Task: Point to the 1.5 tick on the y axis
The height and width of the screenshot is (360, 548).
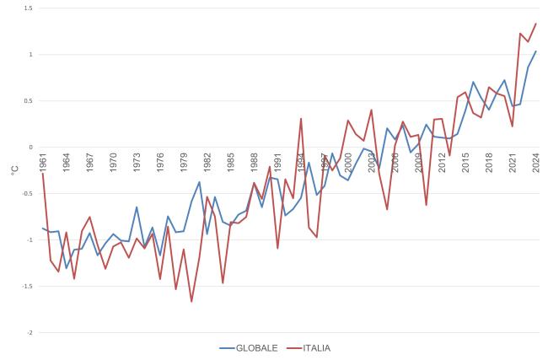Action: (x=29, y=8)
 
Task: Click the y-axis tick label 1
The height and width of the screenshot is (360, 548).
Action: (x=31, y=55)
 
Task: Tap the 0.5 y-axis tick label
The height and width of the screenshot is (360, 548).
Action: (x=29, y=101)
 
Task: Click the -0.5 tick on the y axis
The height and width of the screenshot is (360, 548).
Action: (x=28, y=194)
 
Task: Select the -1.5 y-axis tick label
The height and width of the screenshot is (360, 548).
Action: (x=28, y=287)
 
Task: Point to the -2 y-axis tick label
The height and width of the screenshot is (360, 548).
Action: (x=30, y=333)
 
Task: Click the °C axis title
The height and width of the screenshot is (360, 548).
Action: (x=14, y=170)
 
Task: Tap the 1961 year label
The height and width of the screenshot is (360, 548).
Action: (x=43, y=164)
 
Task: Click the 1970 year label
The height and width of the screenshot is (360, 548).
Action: (x=113, y=164)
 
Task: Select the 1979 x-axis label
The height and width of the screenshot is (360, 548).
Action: (x=183, y=164)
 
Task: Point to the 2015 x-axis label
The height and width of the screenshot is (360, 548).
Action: (x=465, y=164)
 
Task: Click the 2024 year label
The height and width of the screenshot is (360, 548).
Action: (x=535, y=164)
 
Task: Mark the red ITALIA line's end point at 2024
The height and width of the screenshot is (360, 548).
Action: (x=535, y=24)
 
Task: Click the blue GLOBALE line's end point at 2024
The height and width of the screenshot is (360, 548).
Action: (x=535, y=51)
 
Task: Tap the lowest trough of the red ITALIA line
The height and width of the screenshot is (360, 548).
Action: (x=191, y=302)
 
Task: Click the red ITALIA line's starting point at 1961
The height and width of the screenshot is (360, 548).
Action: (x=43, y=173)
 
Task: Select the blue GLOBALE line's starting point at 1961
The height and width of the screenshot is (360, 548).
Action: (x=43, y=228)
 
